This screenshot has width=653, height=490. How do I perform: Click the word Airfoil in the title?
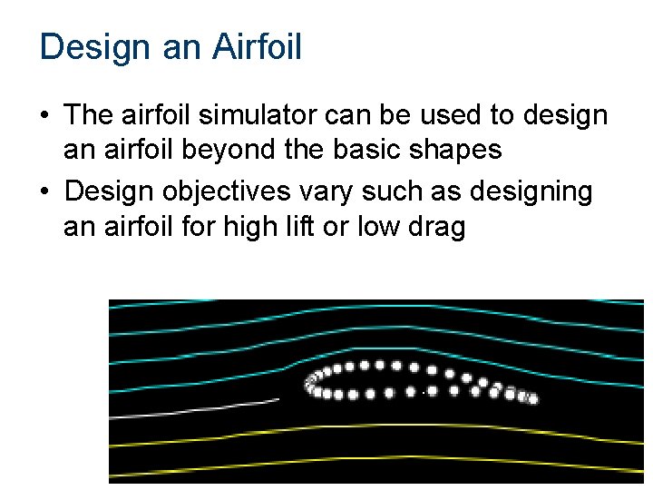pyautogui.click(x=257, y=47)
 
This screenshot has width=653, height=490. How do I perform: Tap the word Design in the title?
pyautogui.click(x=96, y=47)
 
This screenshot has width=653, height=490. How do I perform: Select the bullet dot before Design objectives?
pyautogui.click(x=44, y=192)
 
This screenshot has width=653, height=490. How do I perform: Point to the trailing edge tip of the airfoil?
pyautogui.click(x=533, y=398)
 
